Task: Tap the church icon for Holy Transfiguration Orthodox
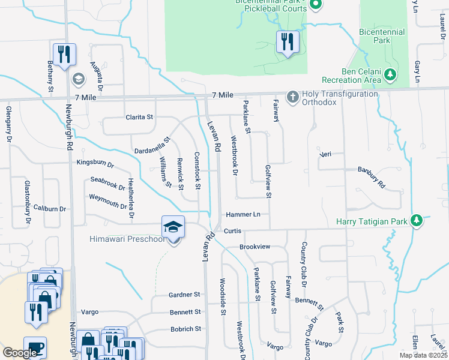click(x=292, y=97)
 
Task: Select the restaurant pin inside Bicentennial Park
click(x=287, y=42)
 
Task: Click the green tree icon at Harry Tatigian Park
click(x=415, y=221)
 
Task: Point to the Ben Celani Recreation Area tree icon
click(x=391, y=74)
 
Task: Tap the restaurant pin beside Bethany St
click(x=63, y=55)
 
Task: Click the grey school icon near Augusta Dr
click(x=78, y=79)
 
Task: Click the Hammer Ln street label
click(x=243, y=215)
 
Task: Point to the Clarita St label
click(x=140, y=117)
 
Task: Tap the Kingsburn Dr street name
click(x=95, y=163)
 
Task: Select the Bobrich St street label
click(x=185, y=329)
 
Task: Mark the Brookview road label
click(x=255, y=247)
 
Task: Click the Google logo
click(x=22, y=353)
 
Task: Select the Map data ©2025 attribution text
click(x=423, y=355)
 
